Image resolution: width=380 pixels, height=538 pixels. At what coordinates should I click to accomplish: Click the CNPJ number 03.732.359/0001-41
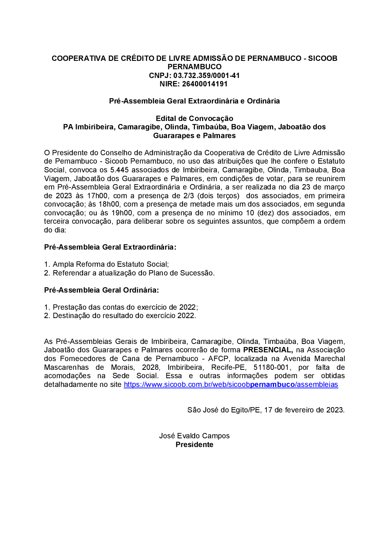point(207,75)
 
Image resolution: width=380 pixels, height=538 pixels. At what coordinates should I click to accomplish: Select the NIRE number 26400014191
point(205,84)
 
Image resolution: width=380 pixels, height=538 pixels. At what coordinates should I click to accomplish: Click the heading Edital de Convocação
point(194,118)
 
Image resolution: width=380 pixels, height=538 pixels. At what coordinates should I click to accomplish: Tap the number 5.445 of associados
point(120,170)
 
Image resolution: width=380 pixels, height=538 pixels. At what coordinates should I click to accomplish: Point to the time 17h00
point(98,196)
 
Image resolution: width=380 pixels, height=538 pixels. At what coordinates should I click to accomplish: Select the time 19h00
point(122,213)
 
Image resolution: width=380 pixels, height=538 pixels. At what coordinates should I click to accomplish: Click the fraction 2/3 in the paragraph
point(189,196)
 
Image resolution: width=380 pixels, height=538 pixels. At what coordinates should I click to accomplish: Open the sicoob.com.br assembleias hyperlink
point(231,385)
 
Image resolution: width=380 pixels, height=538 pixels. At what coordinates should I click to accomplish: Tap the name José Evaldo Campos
point(194,436)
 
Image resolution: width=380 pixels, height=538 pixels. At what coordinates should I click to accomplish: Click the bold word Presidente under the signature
point(194,445)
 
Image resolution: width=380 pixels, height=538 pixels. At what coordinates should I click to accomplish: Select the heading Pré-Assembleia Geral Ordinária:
point(101,290)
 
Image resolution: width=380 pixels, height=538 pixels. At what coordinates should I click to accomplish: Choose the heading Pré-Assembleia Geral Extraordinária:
point(110,247)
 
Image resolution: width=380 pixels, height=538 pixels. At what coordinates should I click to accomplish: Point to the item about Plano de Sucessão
point(133,273)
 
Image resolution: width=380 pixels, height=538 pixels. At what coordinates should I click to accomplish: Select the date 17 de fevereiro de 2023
point(304,410)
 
